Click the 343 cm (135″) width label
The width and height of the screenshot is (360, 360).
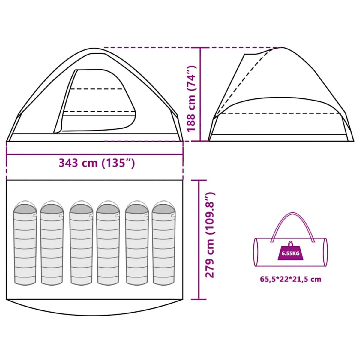97,163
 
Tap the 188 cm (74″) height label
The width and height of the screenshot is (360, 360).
192,99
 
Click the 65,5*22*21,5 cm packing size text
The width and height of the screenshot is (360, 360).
291,284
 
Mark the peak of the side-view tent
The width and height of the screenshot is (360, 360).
281,48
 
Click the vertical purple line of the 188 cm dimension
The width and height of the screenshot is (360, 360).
200,94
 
